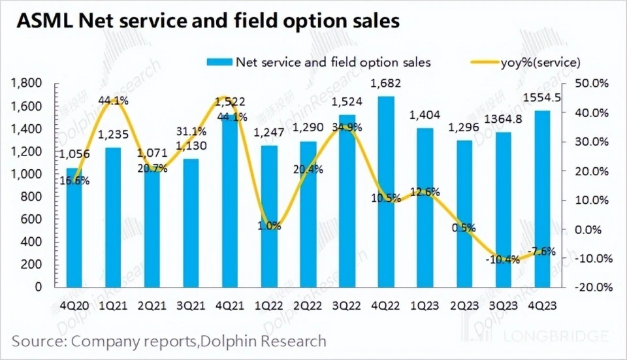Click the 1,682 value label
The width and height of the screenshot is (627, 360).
(385, 84)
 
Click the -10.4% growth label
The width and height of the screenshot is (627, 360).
(503, 259)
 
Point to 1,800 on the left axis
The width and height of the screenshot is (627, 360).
(27, 84)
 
